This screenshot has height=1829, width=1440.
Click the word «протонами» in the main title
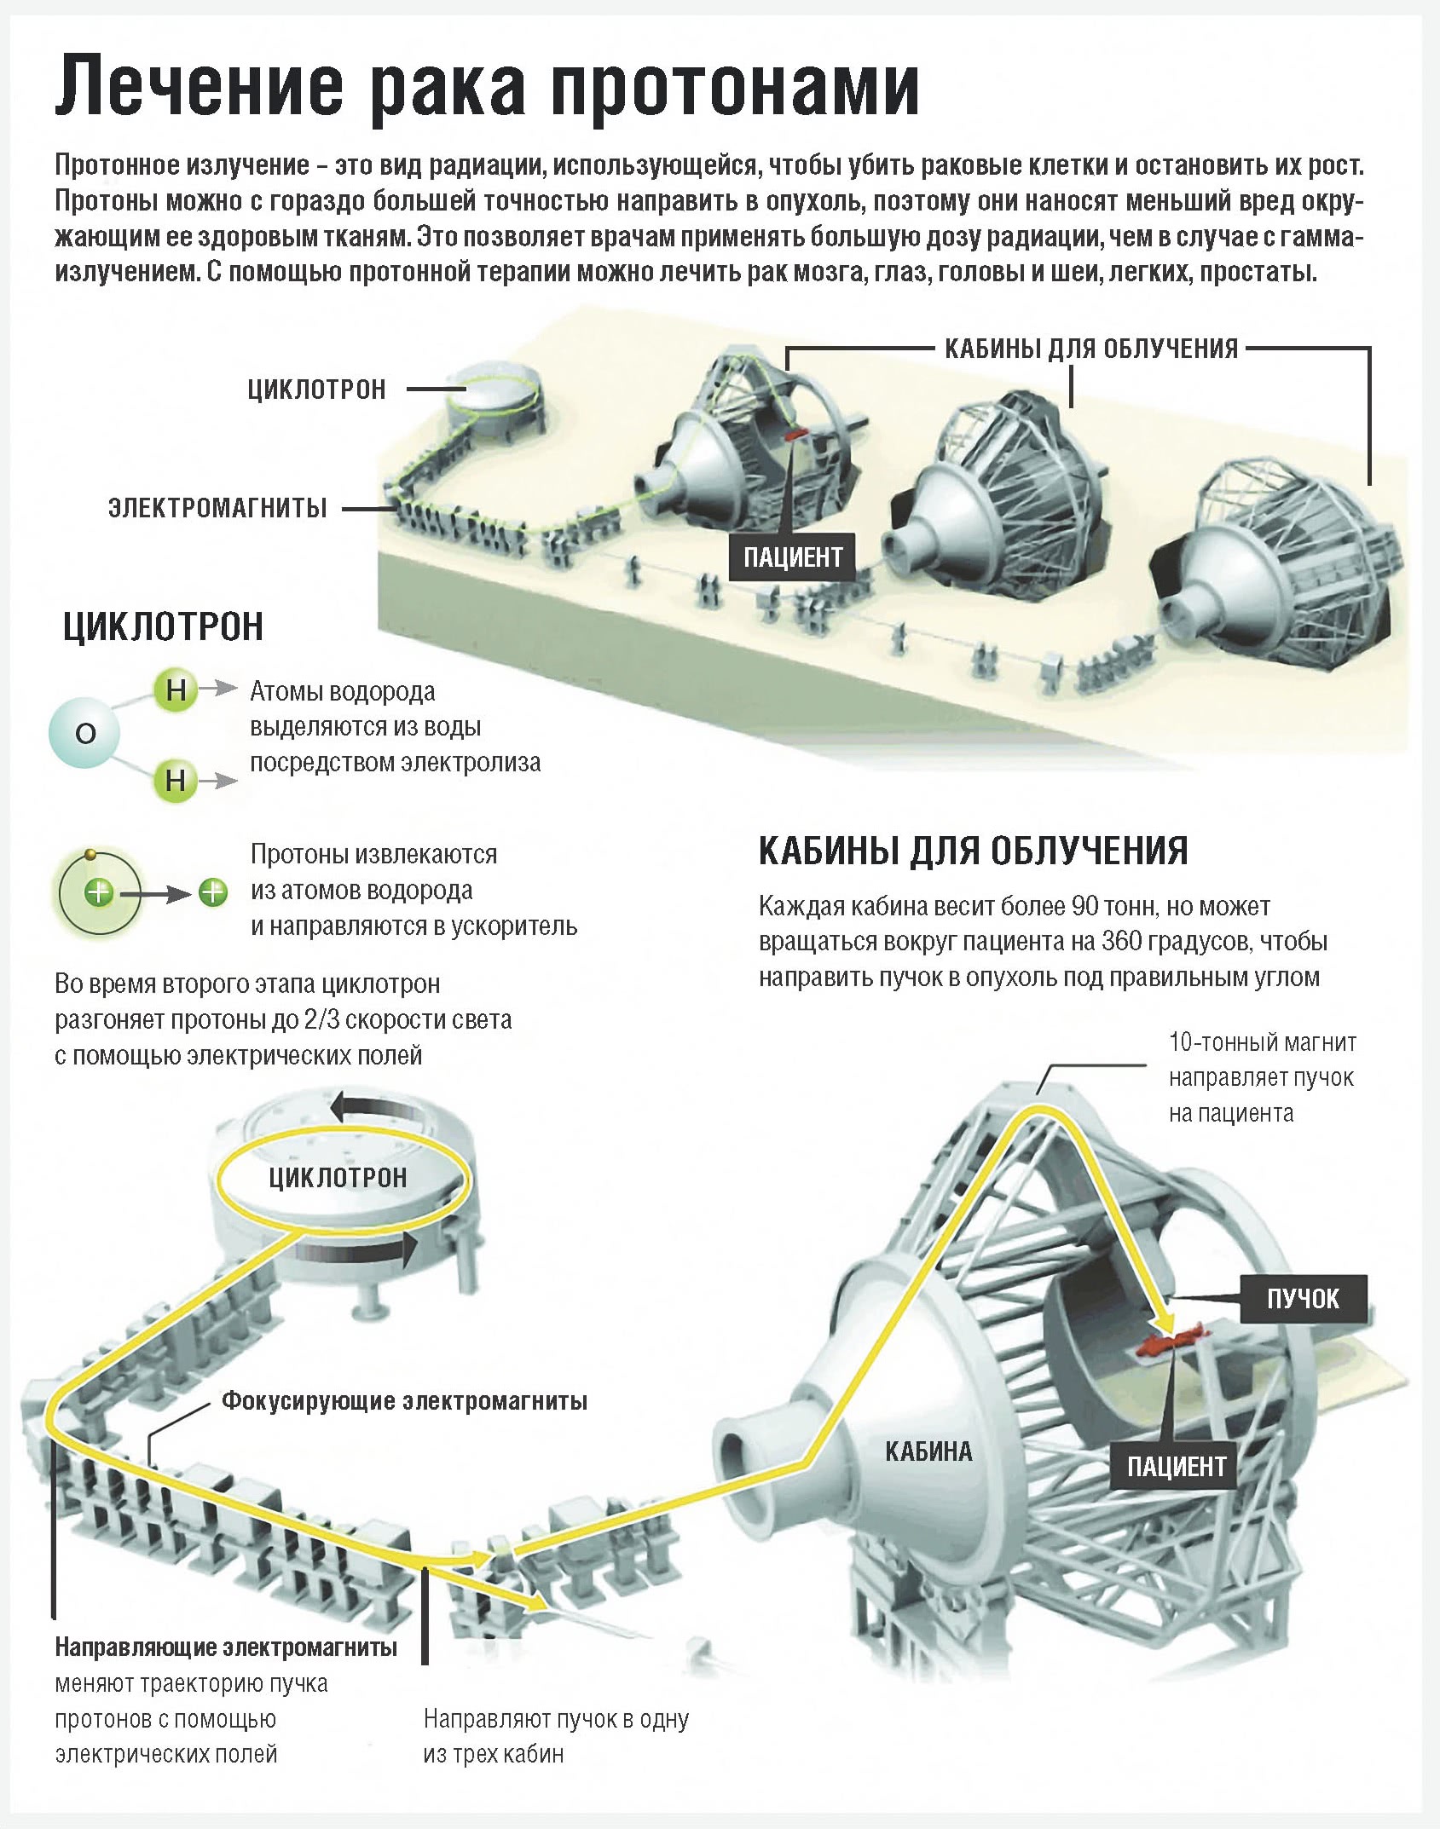click(x=735, y=87)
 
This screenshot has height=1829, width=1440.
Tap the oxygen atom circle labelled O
click(x=84, y=732)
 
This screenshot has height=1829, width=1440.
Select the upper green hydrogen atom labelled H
click(x=176, y=689)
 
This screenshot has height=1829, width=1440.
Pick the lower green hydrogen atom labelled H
click(x=175, y=780)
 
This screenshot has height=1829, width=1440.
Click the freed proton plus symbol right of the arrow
click(x=213, y=892)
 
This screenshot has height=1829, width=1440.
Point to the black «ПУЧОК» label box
click(x=1302, y=1299)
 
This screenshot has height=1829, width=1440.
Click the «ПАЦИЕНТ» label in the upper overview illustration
click(x=792, y=557)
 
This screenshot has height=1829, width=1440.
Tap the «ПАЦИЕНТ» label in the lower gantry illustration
click(x=1176, y=1466)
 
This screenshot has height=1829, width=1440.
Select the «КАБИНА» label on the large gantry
click(x=928, y=1451)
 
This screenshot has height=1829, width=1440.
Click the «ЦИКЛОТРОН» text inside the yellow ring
click(x=338, y=1179)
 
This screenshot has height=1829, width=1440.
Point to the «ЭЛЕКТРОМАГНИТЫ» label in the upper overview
click(x=217, y=509)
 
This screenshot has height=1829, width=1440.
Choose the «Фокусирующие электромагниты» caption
click(x=404, y=1401)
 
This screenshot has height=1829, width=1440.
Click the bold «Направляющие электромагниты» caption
click(x=226, y=1647)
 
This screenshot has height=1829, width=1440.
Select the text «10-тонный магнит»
click(x=1262, y=1041)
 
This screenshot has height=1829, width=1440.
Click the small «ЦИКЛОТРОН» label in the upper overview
click(x=316, y=390)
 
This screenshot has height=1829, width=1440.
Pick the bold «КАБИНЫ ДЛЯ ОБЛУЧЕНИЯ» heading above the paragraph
click(x=973, y=851)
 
